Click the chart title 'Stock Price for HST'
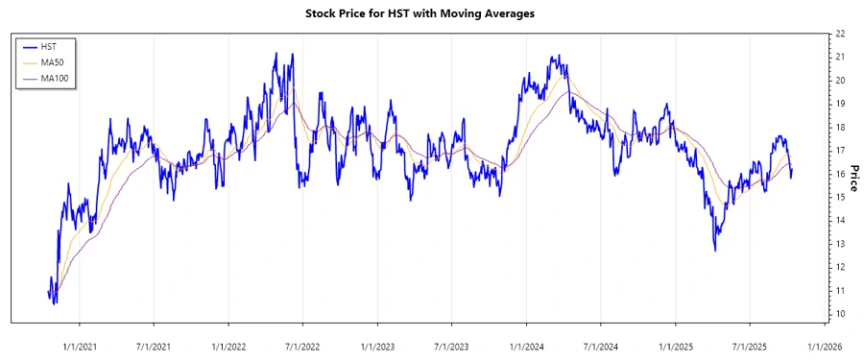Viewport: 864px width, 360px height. (x=432, y=13)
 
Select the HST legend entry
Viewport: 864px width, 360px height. (x=47, y=46)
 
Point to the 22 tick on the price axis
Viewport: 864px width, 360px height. (x=840, y=34)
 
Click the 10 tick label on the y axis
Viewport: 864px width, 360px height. (x=840, y=314)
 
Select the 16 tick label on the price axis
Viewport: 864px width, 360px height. (x=840, y=174)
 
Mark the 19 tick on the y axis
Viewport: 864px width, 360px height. (x=840, y=104)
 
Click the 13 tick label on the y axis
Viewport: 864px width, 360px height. (x=840, y=244)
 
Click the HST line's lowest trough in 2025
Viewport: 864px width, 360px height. (x=715, y=251)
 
